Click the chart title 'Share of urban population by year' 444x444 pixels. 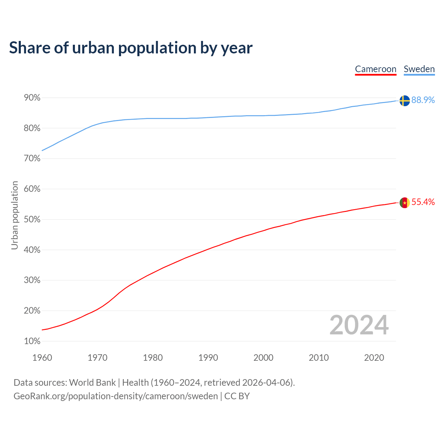[131, 48]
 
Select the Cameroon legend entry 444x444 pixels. [376, 69]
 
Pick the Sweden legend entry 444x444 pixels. [419, 69]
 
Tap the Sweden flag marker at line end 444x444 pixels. [404, 101]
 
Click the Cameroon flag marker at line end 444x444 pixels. [404, 203]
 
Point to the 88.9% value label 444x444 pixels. [423, 100]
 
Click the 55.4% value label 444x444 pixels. [423, 202]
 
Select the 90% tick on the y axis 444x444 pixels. [32, 98]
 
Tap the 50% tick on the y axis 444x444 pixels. [32, 220]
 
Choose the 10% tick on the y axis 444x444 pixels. [32, 341]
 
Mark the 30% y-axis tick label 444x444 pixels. [32, 280]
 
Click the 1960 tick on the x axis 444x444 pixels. [42, 358]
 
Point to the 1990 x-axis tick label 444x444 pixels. [208, 358]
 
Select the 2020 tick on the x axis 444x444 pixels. [374, 358]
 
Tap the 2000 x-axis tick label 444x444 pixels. [263, 358]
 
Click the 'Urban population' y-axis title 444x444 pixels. [15, 215]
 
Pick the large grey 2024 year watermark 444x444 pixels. [359, 325]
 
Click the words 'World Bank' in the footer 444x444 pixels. [92, 383]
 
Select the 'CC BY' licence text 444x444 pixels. [237, 396]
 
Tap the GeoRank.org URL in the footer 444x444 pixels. [116, 396]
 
